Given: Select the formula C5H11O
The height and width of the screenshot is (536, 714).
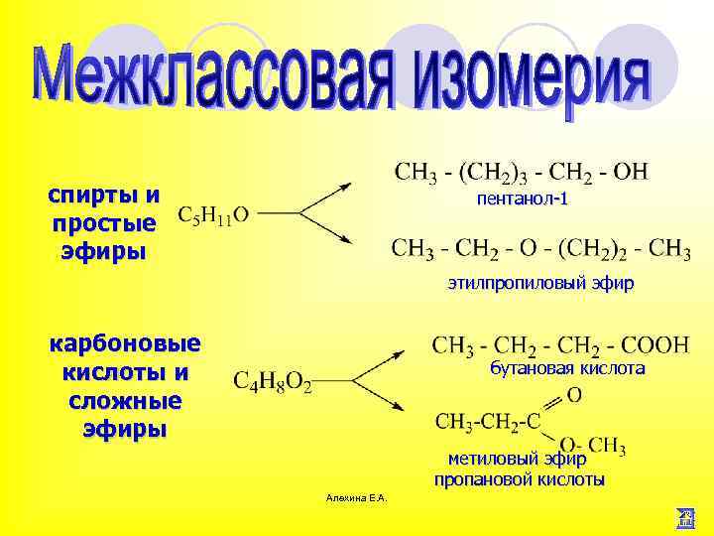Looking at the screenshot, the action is pyautogui.click(x=214, y=214).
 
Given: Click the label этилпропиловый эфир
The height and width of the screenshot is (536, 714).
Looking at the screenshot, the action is pyautogui.click(x=539, y=284).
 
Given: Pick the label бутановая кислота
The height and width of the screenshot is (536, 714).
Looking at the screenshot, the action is pyautogui.click(x=567, y=368).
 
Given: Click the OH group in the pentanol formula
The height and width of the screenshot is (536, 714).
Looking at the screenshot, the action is pyautogui.click(x=630, y=172).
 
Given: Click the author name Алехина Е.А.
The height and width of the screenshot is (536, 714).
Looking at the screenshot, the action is pyautogui.click(x=356, y=496).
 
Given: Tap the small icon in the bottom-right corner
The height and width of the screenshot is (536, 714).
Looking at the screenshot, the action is pyautogui.click(x=684, y=516).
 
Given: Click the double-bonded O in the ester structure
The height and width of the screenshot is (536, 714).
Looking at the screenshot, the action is pyautogui.click(x=574, y=395).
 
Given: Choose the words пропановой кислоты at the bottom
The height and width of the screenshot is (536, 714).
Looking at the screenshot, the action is pyautogui.click(x=519, y=479).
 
